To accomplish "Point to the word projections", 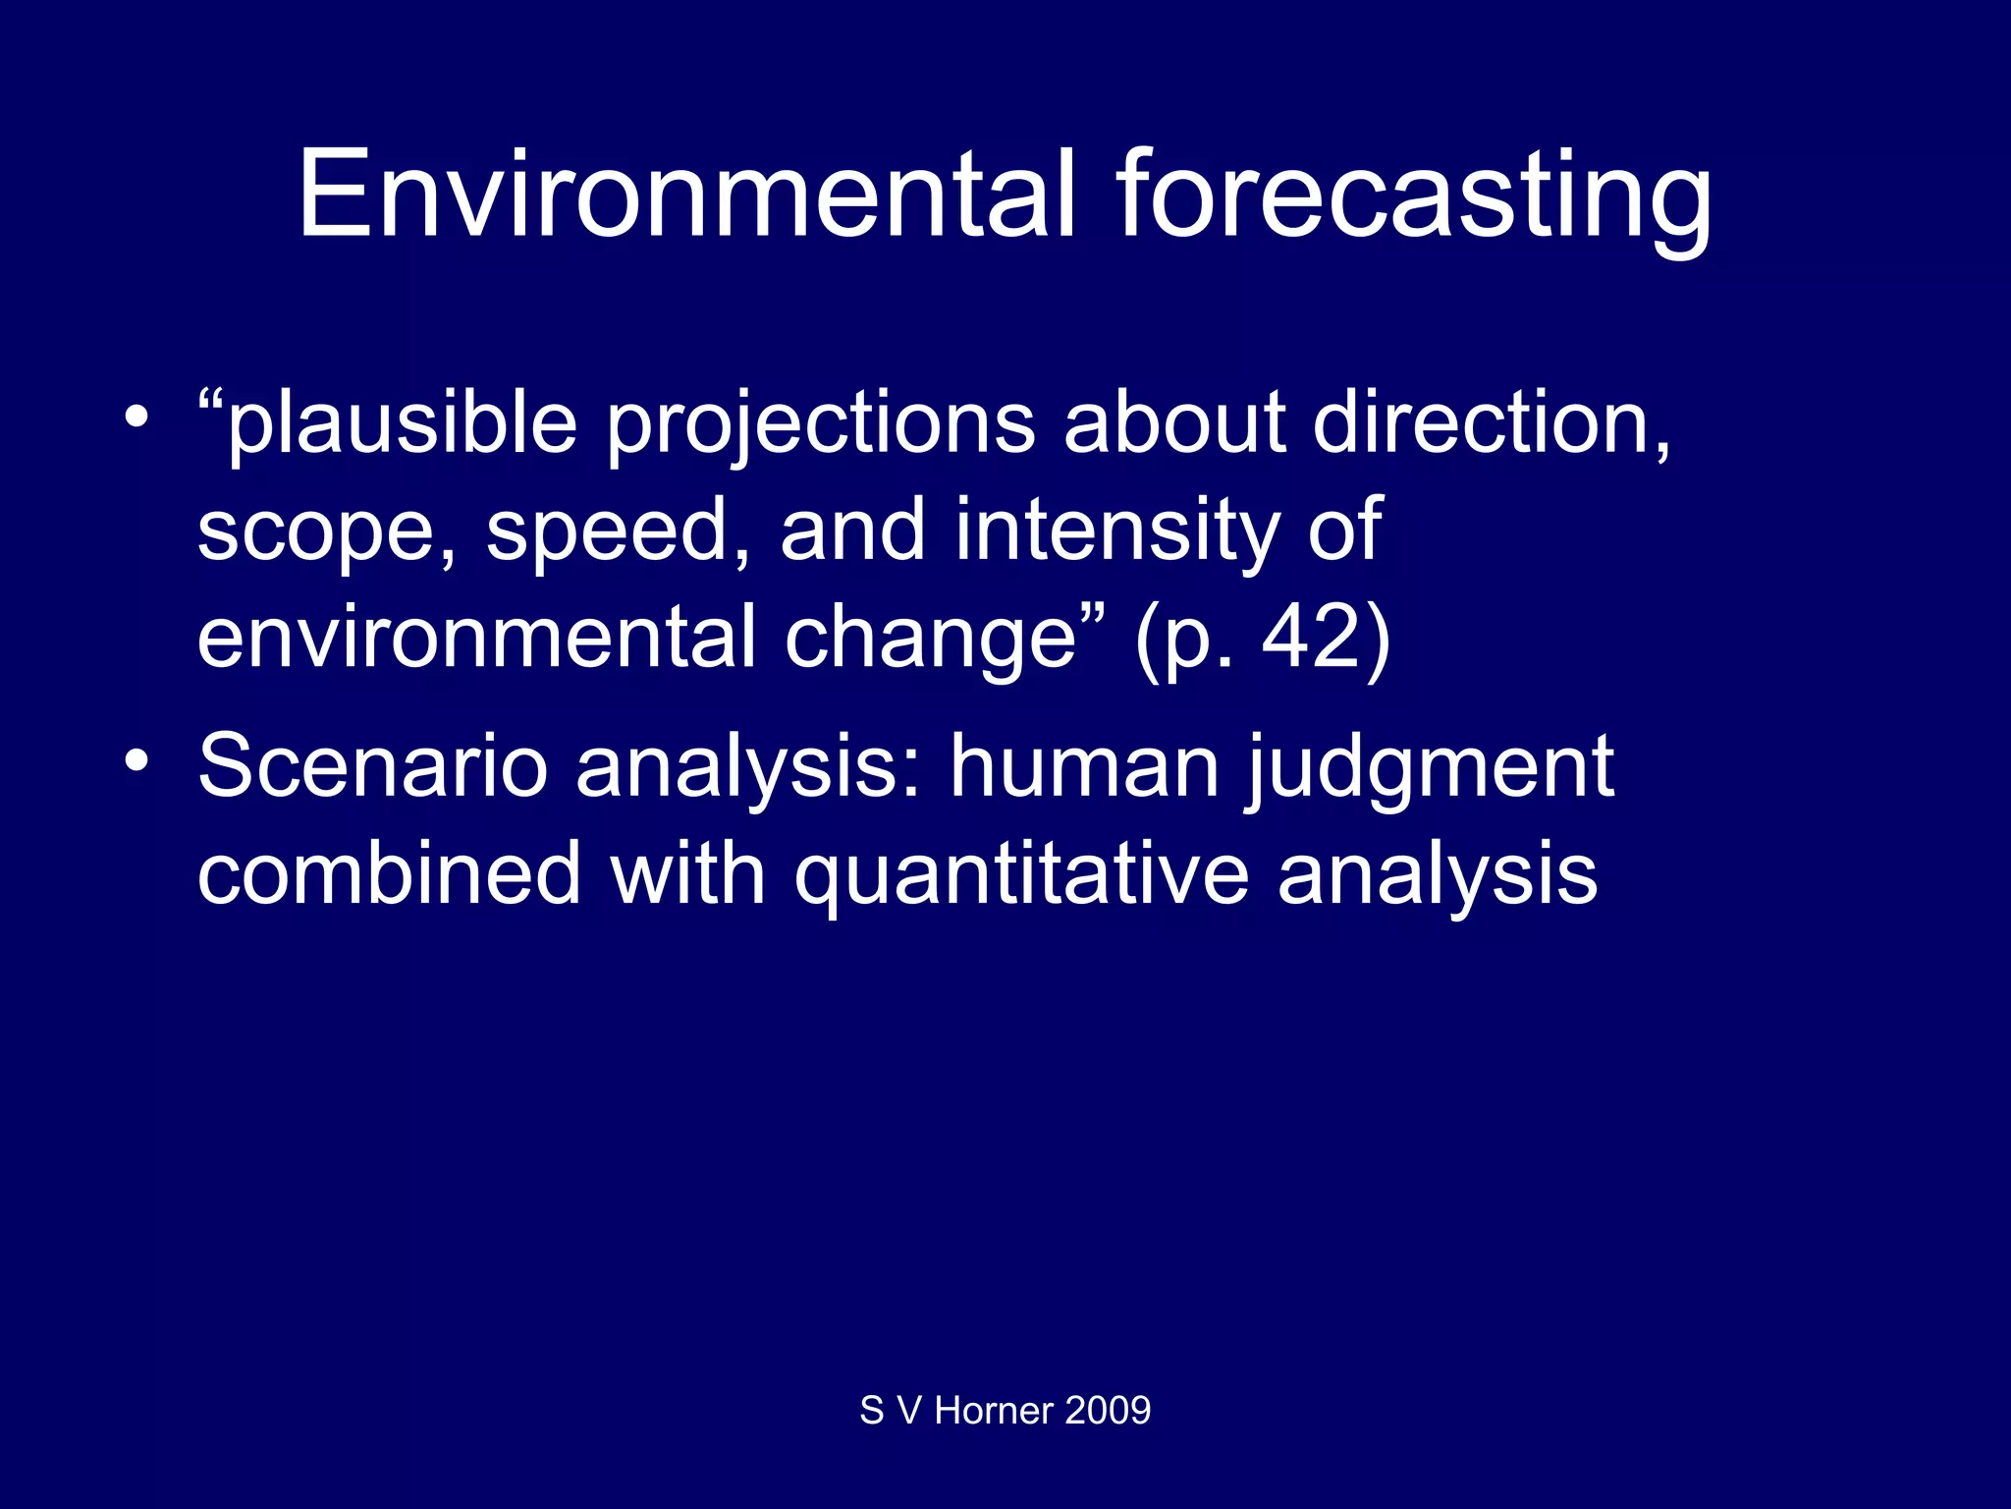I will tap(820, 424).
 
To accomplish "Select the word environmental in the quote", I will tap(476, 639).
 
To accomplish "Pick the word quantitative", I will tap(1021, 874).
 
